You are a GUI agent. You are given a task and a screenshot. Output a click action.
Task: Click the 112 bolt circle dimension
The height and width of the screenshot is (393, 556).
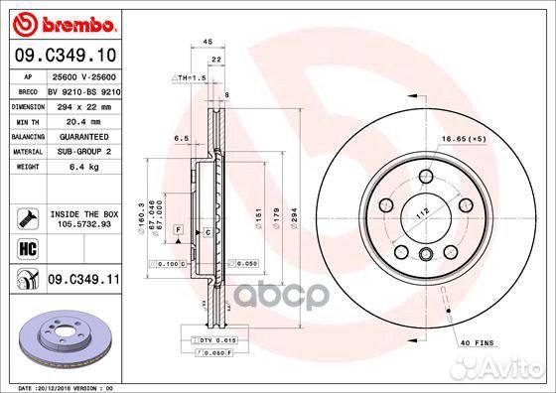[420, 210]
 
